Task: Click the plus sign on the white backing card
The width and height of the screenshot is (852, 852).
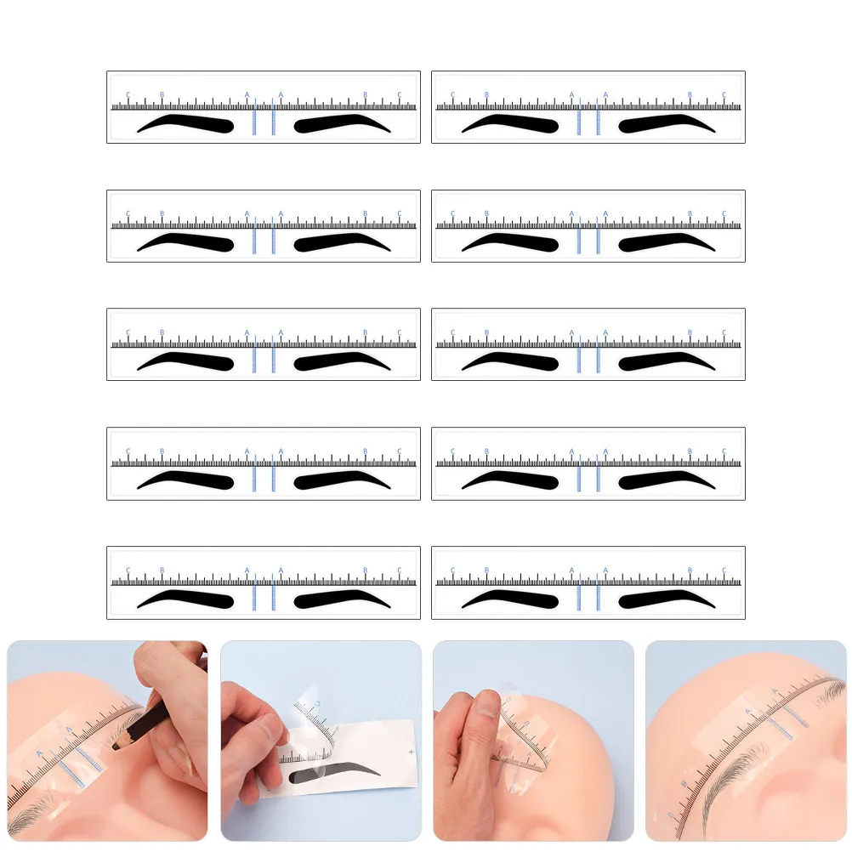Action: (411, 753)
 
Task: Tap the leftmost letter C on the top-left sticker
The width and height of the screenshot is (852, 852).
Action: (128, 94)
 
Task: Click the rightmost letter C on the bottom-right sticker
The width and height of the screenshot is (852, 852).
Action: (724, 571)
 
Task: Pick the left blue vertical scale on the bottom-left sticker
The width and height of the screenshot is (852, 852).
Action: (254, 599)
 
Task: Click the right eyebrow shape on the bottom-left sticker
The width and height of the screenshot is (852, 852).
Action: (341, 599)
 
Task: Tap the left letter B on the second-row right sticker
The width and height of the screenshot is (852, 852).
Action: (486, 213)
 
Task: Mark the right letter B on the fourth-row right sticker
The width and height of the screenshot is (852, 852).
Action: (690, 452)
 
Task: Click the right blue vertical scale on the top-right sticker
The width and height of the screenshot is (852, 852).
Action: (598, 122)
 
